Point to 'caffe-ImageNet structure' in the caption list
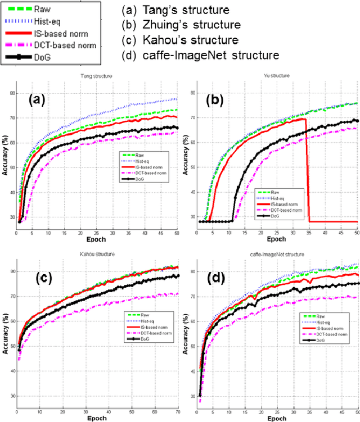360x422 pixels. tap(201, 55)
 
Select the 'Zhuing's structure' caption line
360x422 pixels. tap(181, 26)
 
